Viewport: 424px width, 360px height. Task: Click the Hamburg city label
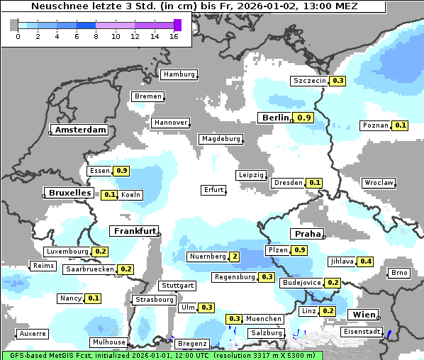tap(179, 74)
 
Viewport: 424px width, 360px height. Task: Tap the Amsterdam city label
tap(80, 130)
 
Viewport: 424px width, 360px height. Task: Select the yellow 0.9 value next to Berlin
tap(304, 118)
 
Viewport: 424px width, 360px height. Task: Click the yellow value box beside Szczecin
tap(337, 81)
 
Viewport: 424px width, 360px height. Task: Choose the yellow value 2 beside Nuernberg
tap(235, 257)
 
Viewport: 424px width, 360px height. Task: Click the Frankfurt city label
tap(134, 232)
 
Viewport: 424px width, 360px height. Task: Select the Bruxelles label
tap(69, 193)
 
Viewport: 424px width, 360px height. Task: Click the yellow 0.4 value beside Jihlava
tap(366, 261)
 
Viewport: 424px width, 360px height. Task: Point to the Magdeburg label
tap(221, 139)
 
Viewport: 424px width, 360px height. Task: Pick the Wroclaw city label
tap(379, 183)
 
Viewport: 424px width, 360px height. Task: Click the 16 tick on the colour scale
tap(174, 37)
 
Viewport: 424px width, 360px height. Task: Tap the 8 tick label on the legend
tap(96, 37)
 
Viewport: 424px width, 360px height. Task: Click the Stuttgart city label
tap(177, 286)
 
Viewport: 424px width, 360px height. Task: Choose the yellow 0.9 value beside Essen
tap(121, 171)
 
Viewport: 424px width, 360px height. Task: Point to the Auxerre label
tap(33, 333)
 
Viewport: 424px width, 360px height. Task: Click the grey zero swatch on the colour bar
tap(14, 25)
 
